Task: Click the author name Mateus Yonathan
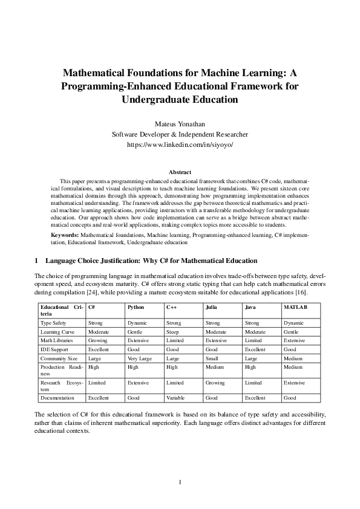pyautogui.click(x=180, y=124)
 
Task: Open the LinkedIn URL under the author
pyautogui.click(x=180, y=146)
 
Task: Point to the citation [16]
pyautogui.click(x=300, y=293)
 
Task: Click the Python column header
pyautogui.click(x=136, y=307)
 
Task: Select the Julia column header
pyautogui.click(x=212, y=307)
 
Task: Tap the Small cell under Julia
pyautogui.click(x=212, y=358)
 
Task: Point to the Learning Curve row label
pyautogui.click(x=56, y=332)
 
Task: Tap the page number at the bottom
pyautogui.click(x=180, y=482)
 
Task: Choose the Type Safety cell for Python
pyautogui.click(x=137, y=323)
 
